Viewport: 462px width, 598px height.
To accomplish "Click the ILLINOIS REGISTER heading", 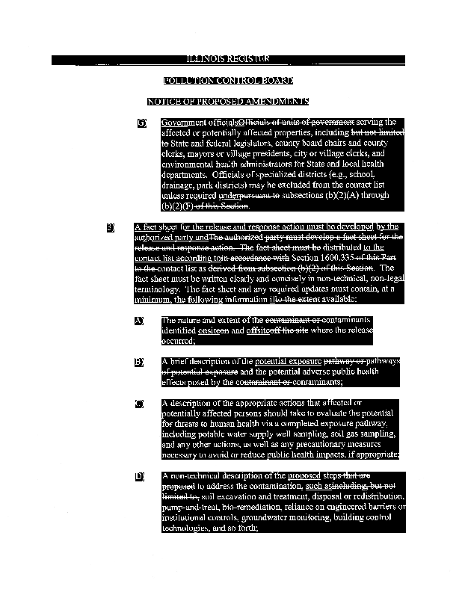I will pos(228,59).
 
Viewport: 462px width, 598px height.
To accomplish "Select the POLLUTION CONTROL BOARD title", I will pos(228,80).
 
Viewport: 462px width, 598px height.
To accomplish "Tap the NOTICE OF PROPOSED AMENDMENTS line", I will pos(228,101).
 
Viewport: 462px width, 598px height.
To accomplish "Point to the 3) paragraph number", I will pos(111,226).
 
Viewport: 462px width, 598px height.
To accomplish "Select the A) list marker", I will pos(139,321).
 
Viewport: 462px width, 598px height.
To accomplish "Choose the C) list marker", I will pos(139,404).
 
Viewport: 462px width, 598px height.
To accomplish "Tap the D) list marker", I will pos(139,476).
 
